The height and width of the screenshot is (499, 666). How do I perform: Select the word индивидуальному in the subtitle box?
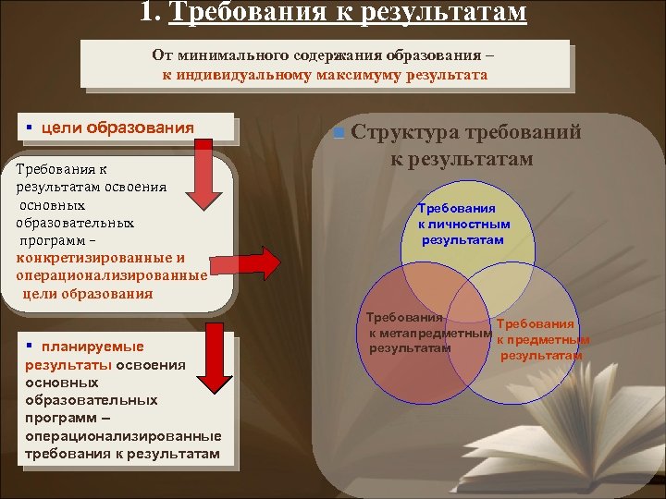[x=241, y=74]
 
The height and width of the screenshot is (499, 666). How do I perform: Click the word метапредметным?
[x=429, y=333]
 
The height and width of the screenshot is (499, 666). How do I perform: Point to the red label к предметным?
[x=543, y=340]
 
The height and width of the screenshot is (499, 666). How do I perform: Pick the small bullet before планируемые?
[x=30, y=346]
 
